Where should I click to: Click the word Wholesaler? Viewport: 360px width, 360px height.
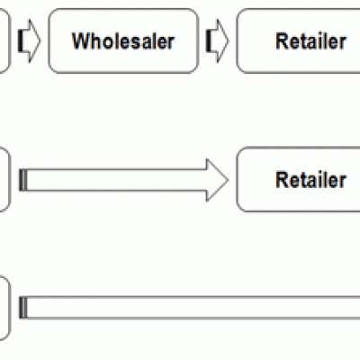coord(123,40)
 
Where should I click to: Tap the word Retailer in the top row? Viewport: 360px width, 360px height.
coord(310,40)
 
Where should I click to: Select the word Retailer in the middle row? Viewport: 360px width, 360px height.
coord(310,179)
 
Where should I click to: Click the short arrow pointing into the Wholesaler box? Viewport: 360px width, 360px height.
coord(29,40)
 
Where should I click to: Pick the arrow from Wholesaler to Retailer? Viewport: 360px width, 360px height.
coord(217,40)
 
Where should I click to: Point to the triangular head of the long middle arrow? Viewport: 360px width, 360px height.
coord(217,180)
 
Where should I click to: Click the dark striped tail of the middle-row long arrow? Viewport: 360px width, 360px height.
coord(23,180)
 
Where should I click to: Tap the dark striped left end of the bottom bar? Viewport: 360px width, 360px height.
coord(23,307)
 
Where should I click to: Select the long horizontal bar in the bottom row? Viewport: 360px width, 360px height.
coord(190,307)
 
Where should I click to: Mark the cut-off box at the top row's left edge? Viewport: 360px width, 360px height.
coord(5,40)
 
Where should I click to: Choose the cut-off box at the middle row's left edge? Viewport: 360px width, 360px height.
coord(5,179)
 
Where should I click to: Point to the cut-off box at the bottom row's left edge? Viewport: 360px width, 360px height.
coord(5,308)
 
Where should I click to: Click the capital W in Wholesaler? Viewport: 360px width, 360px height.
coord(81,40)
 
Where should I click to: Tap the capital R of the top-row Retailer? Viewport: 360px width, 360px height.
coord(282,40)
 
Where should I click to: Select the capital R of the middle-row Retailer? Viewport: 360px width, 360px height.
coord(282,179)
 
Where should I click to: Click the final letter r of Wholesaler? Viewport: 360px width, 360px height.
coord(171,43)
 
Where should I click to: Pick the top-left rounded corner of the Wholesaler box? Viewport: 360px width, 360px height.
coord(51,12)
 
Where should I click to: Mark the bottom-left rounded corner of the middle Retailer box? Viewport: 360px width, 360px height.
coord(239,209)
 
